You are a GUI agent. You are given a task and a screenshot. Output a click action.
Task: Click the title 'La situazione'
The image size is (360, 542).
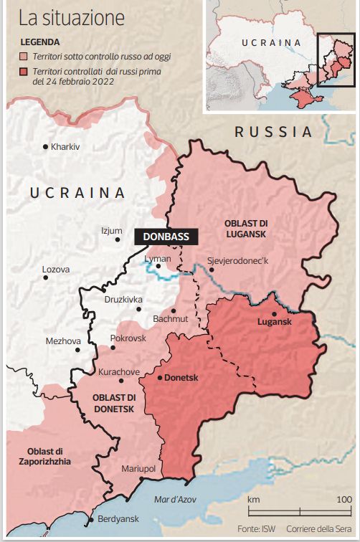click(71, 17)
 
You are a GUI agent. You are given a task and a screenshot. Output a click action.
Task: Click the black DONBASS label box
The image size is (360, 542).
click(166, 237)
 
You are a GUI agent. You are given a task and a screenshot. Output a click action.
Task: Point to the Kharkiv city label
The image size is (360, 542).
click(65, 147)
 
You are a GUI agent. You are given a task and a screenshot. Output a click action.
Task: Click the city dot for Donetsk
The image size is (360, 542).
click(159, 378)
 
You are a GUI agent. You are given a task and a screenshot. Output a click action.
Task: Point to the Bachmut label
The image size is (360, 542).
click(170, 318)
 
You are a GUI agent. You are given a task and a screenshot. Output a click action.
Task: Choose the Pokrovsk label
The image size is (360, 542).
click(128, 338)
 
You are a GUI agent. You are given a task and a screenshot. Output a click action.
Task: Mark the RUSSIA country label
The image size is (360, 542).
click(273, 132)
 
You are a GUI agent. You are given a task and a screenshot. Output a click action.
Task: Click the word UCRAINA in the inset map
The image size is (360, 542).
click(271, 43)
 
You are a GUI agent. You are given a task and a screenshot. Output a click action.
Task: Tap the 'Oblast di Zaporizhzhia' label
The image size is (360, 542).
click(40, 456)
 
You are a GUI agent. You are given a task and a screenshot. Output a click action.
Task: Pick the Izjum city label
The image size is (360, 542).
click(112, 231)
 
